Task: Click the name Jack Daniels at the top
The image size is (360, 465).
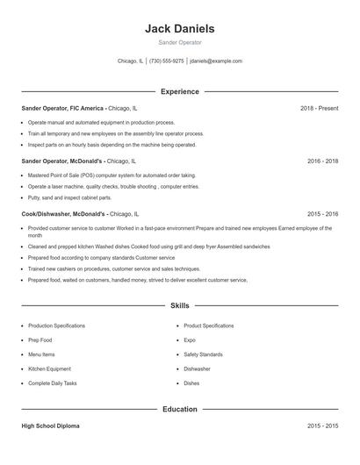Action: tap(179, 29)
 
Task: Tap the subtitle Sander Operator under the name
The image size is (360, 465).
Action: tap(179, 42)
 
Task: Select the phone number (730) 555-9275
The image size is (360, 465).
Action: tap(167, 61)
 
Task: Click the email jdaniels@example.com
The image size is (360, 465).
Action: tap(216, 61)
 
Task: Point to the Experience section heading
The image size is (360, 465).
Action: tap(179, 91)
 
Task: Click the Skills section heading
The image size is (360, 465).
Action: tap(179, 306)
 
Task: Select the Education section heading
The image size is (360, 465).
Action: tap(179, 409)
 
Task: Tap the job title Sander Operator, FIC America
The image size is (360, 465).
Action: tap(63, 108)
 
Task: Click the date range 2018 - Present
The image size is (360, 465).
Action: tap(319, 108)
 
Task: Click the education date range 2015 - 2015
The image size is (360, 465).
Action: tap(322, 426)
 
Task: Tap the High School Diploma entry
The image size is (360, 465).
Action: tap(50, 426)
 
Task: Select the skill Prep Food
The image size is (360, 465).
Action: tap(40, 340)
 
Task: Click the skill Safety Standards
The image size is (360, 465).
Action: tap(203, 354)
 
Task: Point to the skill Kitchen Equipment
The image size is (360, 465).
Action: tap(49, 369)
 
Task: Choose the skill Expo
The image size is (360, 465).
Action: tap(190, 340)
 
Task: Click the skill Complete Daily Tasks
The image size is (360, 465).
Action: tap(53, 383)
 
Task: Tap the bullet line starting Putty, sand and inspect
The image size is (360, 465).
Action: tap(69, 197)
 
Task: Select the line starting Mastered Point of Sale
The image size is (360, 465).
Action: tap(112, 175)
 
